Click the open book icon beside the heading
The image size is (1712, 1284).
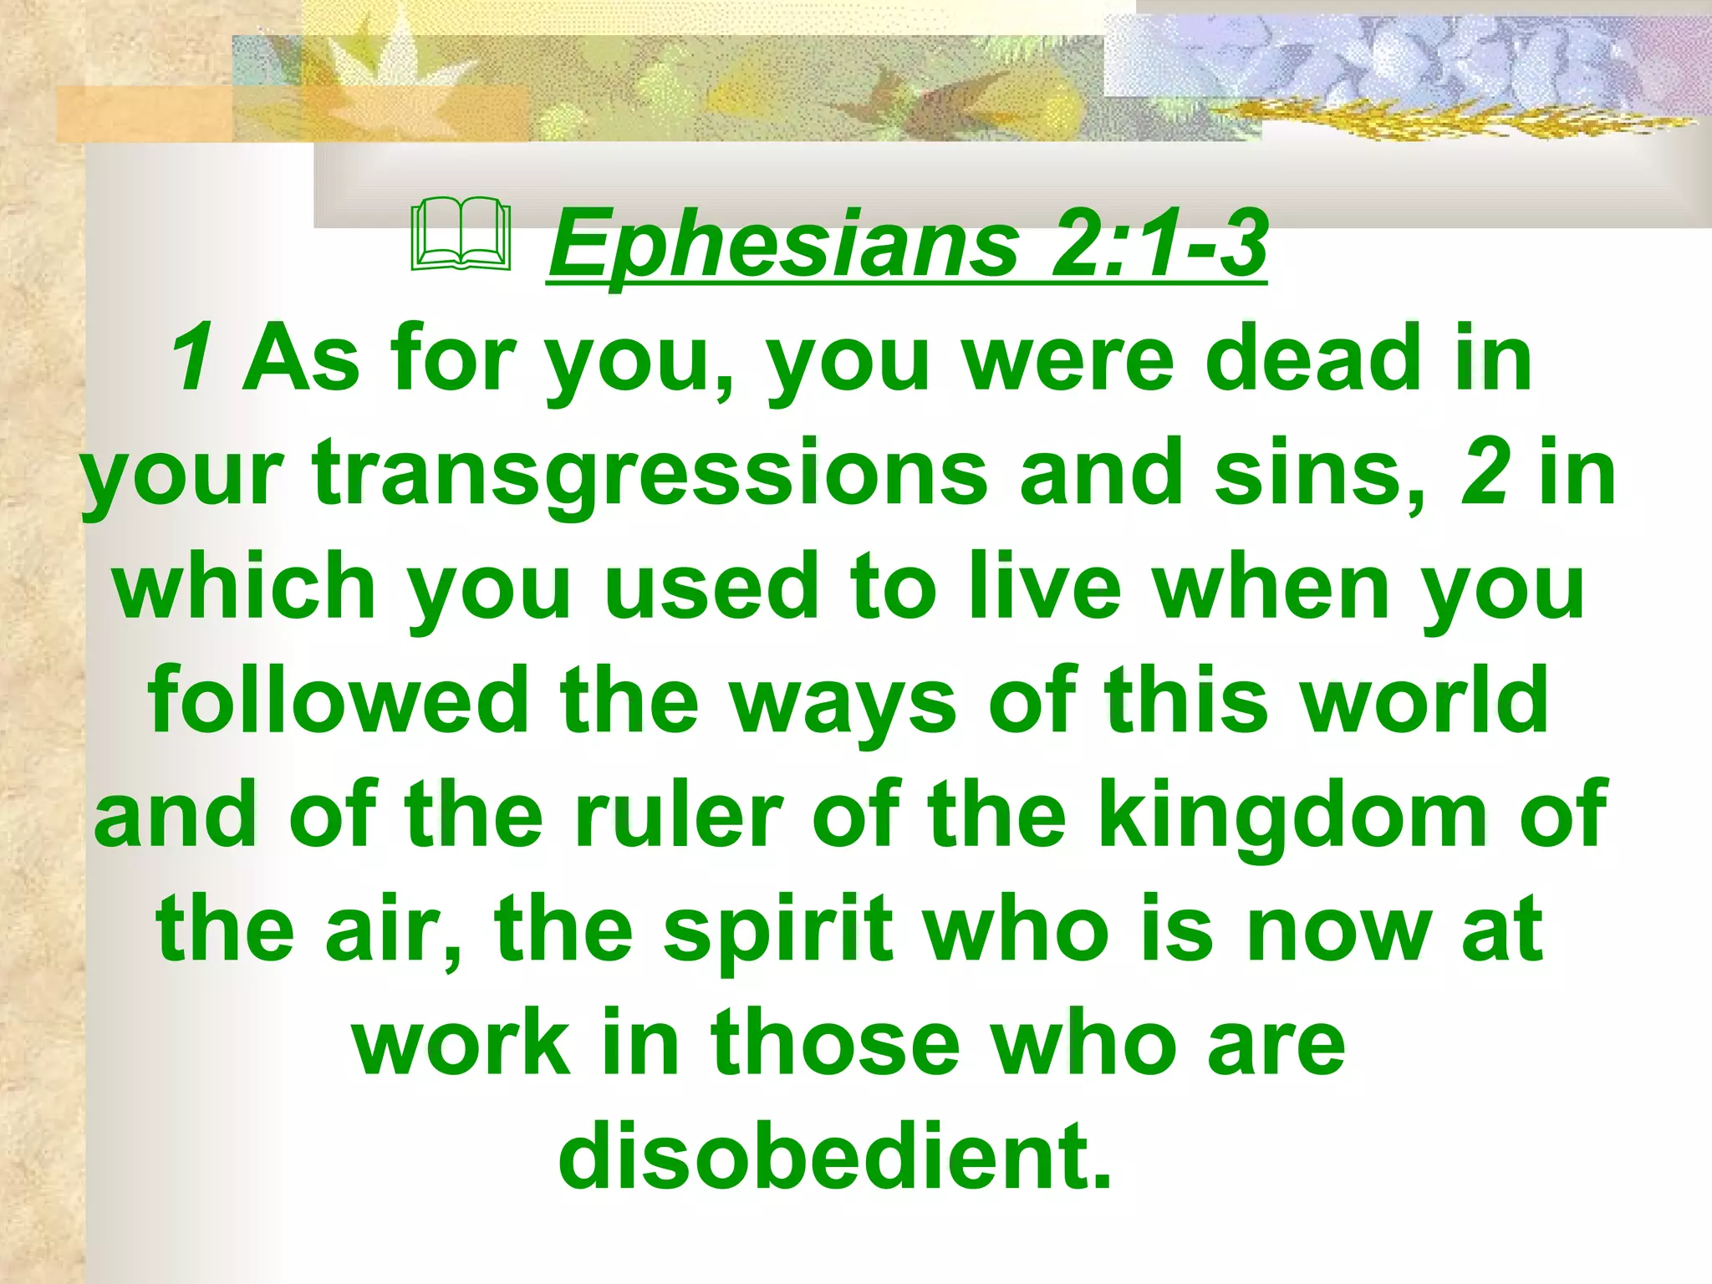point(461,236)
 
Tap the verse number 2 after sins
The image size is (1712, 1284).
point(1485,473)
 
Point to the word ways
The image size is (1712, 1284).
point(843,702)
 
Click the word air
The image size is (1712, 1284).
point(393,930)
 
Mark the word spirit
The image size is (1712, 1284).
point(778,931)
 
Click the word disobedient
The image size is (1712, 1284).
point(835,1157)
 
